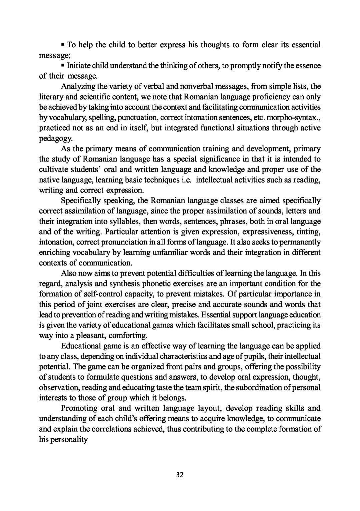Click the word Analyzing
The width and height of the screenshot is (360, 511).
[x=78, y=87]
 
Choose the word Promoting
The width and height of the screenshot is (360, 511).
[x=79, y=408]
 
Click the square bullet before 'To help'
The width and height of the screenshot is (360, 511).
[x=63, y=44]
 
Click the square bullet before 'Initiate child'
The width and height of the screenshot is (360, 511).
[x=63, y=65]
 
